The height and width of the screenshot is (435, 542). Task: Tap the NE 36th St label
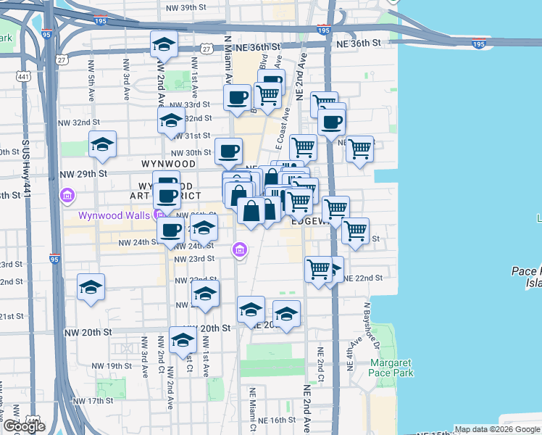coord(359,43)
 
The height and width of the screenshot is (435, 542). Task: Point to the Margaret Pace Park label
coord(392,368)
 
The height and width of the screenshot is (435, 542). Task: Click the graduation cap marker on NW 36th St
coord(164,45)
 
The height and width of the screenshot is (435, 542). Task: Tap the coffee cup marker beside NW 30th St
coord(229,151)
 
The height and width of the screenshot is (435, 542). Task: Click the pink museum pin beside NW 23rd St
coord(239,251)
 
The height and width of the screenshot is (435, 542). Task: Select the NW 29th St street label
coord(83,174)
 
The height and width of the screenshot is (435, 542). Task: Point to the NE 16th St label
coord(272,420)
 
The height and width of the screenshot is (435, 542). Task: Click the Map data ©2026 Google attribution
coord(496,429)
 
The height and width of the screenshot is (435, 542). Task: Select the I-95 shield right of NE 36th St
coord(479,44)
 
